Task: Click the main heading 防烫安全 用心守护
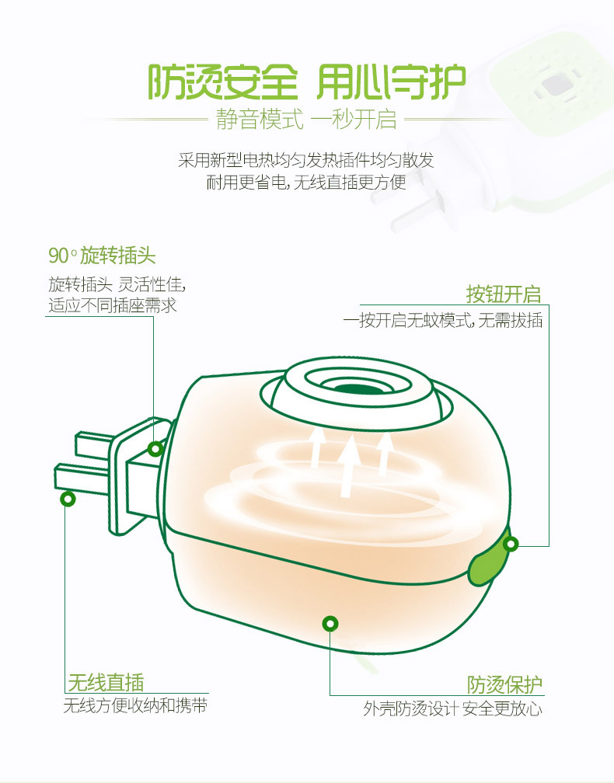tap(306, 82)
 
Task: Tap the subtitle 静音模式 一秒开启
tap(306, 120)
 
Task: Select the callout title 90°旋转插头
tap(102, 256)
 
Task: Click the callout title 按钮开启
tap(503, 294)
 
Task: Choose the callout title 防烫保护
tap(504, 684)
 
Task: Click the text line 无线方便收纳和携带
tap(135, 706)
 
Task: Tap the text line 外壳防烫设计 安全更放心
tap(452, 708)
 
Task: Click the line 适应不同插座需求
tap(113, 305)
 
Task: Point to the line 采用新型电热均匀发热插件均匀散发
tap(306, 161)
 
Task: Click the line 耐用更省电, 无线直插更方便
tap(306, 183)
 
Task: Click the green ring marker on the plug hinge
tap(155, 448)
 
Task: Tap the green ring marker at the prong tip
tap(68, 499)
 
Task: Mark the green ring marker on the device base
tap(330, 623)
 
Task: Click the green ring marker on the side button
tap(510, 545)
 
